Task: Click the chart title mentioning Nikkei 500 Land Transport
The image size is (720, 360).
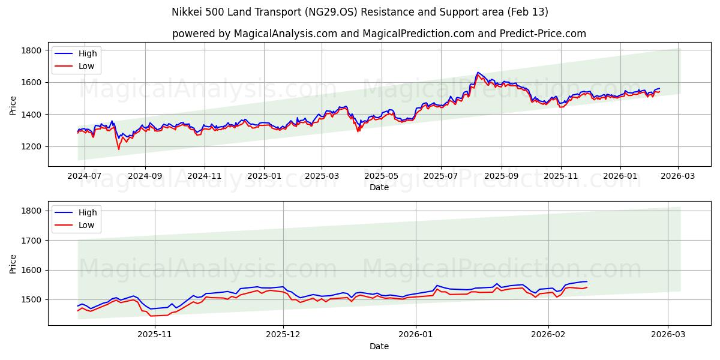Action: pyautogui.click(x=360, y=12)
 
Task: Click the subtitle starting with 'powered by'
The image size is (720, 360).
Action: pyautogui.click(x=379, y=34)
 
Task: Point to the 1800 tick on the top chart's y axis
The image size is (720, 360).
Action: pyautogui.click(x=31, y=50)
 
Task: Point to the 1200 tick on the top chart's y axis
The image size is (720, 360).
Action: pyautogui.click(x=31, y=146)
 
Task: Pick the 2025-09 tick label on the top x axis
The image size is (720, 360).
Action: pyautogui.click(x=501, y=176)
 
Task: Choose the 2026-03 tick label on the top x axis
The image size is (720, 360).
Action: pyautogui.click(x=678, y=176)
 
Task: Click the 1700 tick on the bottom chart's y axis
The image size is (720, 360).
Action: pyautogui.click(x=31, y=241)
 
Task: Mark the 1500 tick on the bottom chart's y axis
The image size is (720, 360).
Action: pyautogui.click(x=31, y=299)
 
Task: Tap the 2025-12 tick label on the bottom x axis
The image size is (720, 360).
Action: pyautogui.click(x=283, y=335)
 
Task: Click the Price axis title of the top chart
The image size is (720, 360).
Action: pyautogui.click(x=13, y=106)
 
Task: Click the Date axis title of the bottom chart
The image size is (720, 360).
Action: pyautogui.click(x=379, y=346)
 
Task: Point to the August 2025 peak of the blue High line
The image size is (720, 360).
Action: pyautogui.click(x=478, y=73)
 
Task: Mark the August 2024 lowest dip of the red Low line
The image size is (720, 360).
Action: pyautogui.click(x=119, y=149)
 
